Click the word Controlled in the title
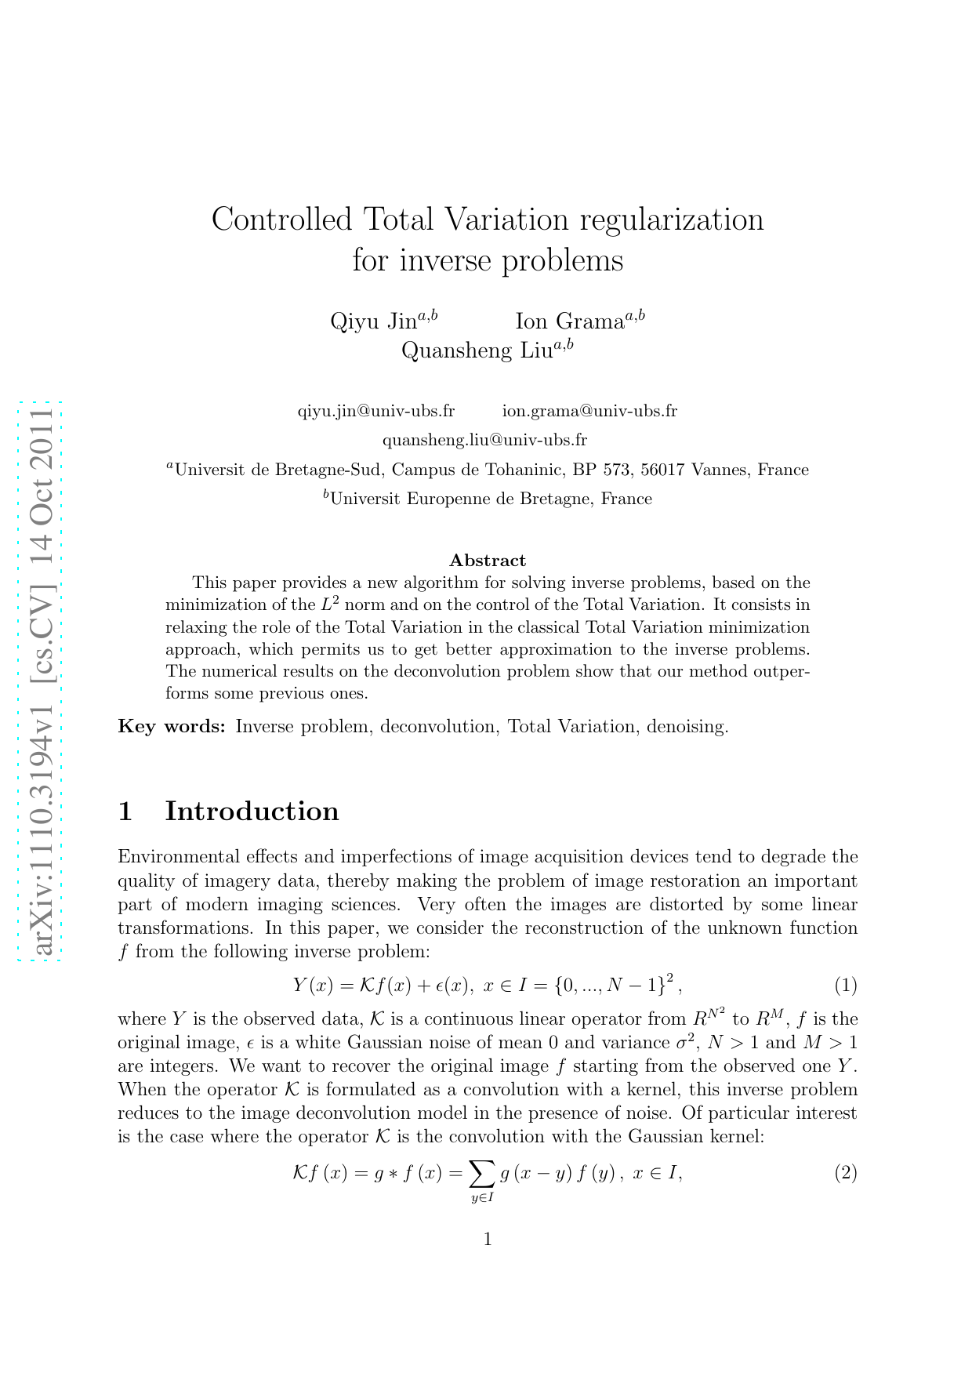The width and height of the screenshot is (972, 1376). coord(282,220)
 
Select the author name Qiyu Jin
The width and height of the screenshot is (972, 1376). coord(374,321)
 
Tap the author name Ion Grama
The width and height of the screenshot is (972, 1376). coord(569,321)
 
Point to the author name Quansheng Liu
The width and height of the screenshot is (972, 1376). coord(477,350)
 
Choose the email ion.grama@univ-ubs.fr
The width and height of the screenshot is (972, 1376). coord(589,411)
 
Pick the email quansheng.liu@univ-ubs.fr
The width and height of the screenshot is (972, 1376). coord(484,440)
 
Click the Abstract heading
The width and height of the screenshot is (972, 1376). coord(488,561)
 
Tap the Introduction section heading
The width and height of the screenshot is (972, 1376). coord(252,811)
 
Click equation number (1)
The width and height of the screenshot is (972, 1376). coord(845,985)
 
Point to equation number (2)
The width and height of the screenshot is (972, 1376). coord(845,1173)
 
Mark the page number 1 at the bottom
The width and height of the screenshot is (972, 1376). coord(488,1240)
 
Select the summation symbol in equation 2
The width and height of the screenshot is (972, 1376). coord(482,1174)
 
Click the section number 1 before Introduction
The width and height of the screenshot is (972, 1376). coord(125,811)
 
